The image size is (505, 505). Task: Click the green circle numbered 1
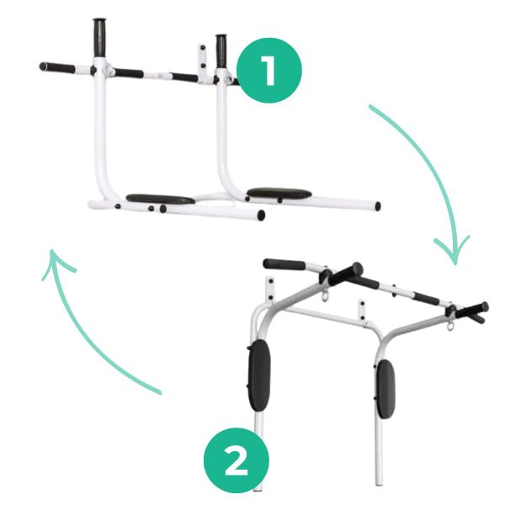coord(269,71)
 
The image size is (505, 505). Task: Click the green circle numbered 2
coord(236,460)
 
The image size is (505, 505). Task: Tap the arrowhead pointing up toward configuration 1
coord(56,263)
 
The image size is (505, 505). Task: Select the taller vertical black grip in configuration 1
coord(99,37)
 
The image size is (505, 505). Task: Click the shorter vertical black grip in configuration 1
coord(221,50)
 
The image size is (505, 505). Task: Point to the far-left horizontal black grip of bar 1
coord(57,67)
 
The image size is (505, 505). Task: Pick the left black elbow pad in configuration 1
coord(160,199)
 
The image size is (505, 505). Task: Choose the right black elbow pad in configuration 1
coord(279,193)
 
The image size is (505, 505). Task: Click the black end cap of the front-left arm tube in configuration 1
coord(261,215)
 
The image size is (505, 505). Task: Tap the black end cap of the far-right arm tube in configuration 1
coord(378,206)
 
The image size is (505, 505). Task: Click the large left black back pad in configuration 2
coord(259,375)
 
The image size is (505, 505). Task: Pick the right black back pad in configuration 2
coord(385,389)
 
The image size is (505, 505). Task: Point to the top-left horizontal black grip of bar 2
coord(284,264)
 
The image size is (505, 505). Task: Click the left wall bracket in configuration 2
coord(270,290)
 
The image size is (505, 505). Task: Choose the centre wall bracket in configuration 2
coord(362,310)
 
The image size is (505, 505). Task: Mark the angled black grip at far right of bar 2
coord(471,311)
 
